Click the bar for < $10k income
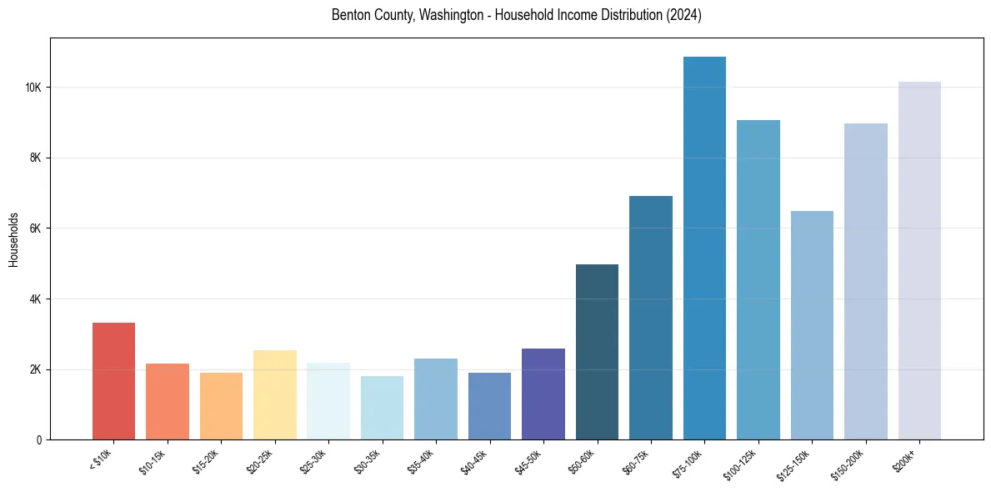click(x=113, y=381)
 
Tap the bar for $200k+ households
click(x=919, y=260)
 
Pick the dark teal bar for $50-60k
click(x=597, y=352)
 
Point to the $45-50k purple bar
click(x=543, y=394)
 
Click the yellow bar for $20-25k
click(x=275, y=394)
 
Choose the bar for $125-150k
click(x=812, y=325)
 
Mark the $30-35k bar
click(x=382, y=408)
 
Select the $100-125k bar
click(x=758, y=279)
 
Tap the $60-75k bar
click(x=651, y=318)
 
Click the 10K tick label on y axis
click(x=33, y=88)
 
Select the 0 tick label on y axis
click(x=39, y=439)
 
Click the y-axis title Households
click(x=13, y=239)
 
